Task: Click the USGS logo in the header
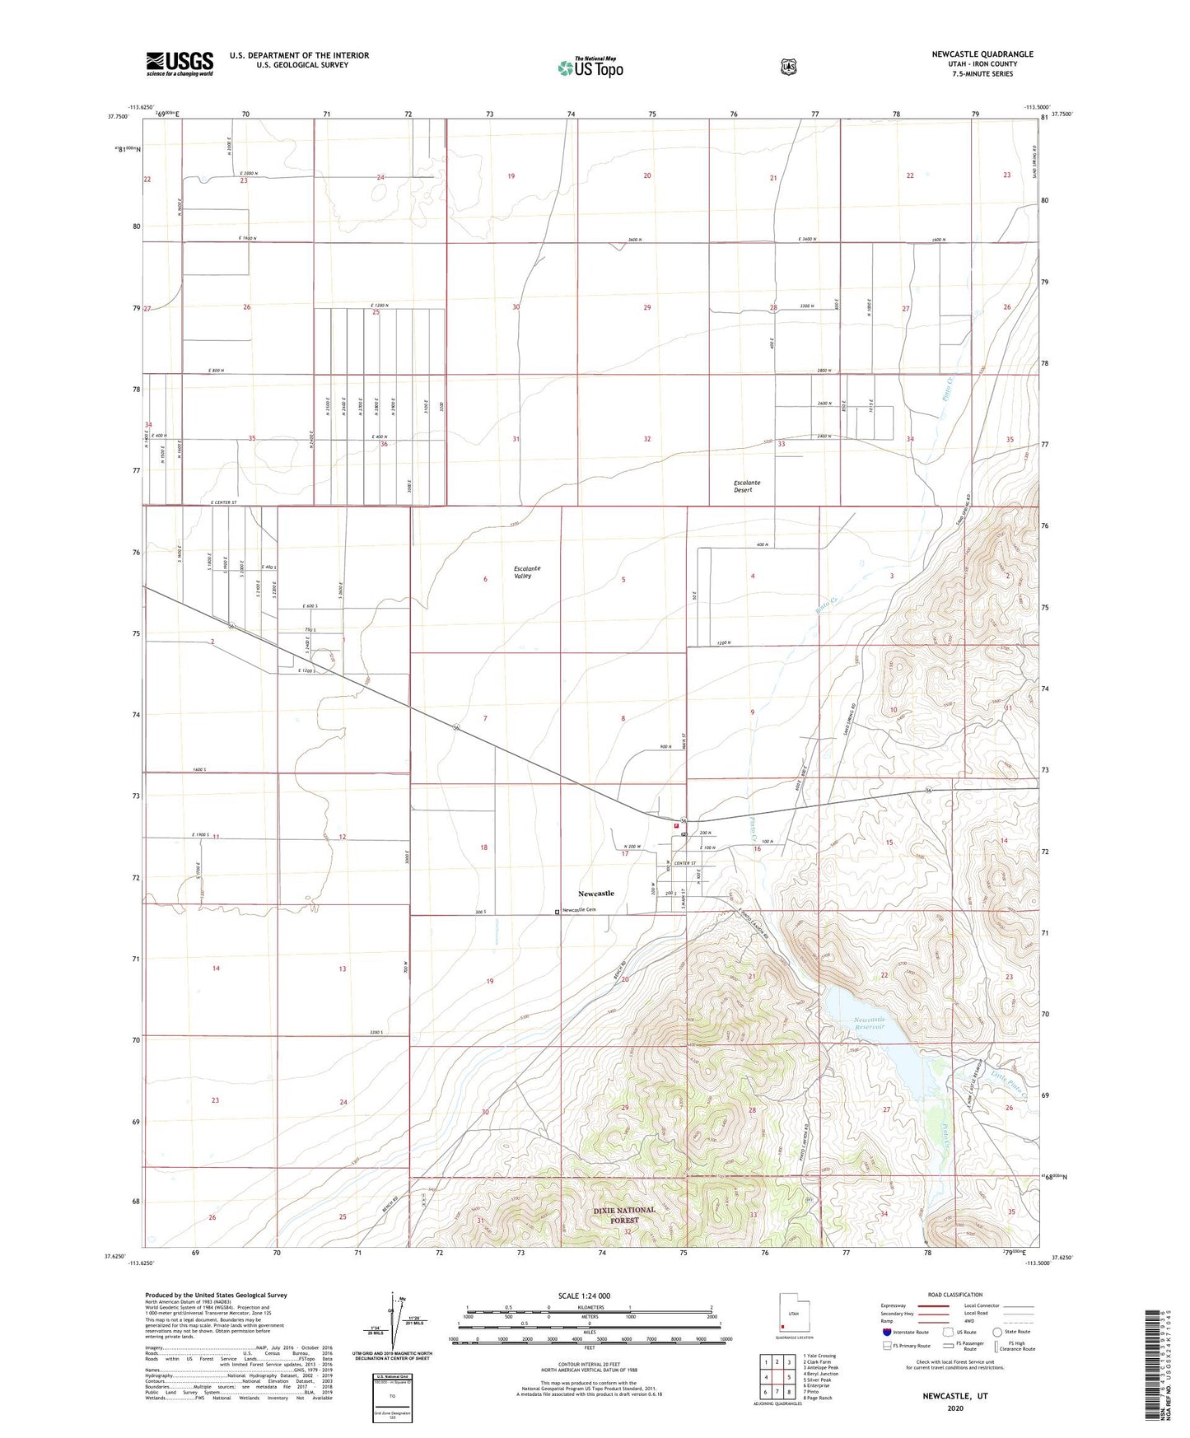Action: pos(180,63)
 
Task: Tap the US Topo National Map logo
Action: pos(590,68)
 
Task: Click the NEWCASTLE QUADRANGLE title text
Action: pos(982,54)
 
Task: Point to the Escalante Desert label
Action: pos(747,486)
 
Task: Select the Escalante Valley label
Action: pos(528,572)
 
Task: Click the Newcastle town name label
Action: pos(595,894)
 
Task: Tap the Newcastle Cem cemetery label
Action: pos(578,910)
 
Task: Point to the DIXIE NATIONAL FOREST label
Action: pos(624,1215)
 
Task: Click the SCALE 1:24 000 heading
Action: pos(584,1296)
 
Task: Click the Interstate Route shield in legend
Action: pos(886,1332)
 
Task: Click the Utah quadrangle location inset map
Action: pos(793,1316)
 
